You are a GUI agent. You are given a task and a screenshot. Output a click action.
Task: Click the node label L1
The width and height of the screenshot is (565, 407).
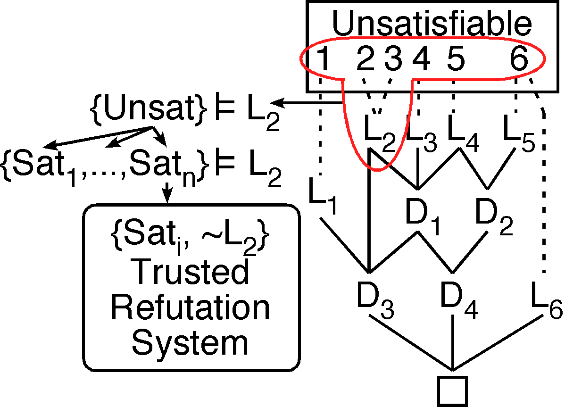point(323,194)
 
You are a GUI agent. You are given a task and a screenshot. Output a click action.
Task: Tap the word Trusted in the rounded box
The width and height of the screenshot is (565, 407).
point(191,272)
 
